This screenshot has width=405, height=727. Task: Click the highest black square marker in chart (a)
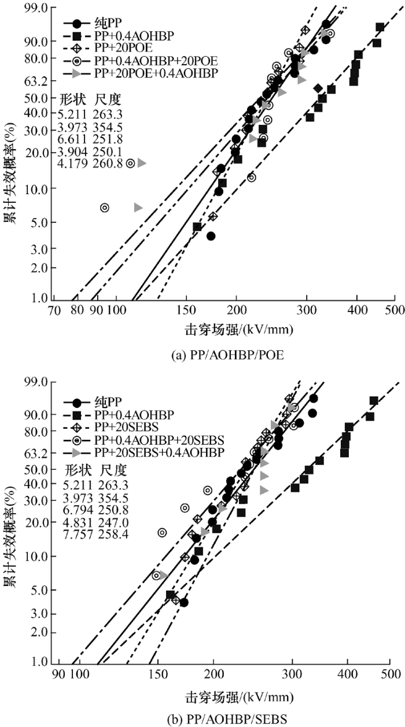(380, 27)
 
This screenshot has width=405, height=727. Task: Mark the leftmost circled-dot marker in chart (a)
(105, 207)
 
